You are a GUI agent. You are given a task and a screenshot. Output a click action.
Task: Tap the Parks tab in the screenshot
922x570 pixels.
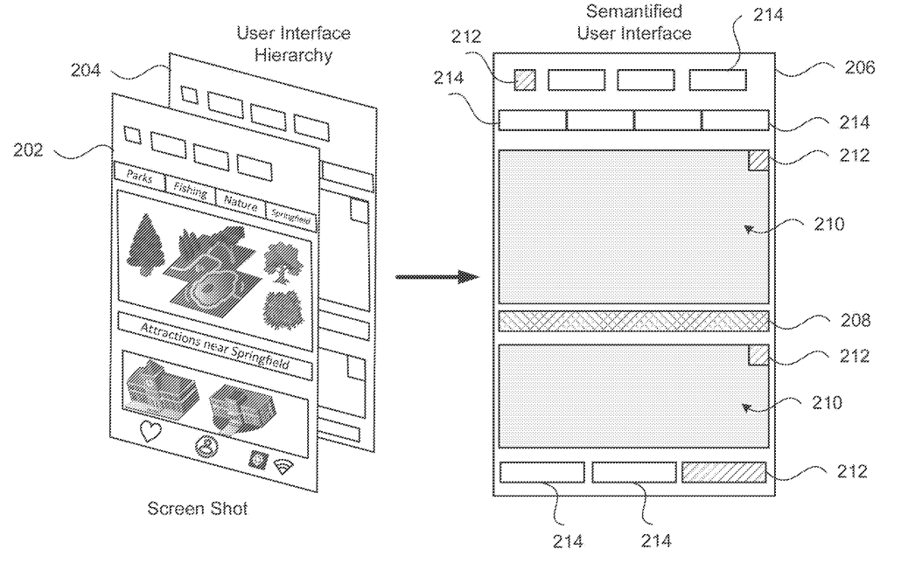click(x=140, y=177)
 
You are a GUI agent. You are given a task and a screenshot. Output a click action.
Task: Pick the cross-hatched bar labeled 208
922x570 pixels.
click(x=632, y=321)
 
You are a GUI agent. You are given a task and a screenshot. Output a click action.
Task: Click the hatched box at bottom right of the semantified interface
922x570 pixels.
click(x=723, y=472)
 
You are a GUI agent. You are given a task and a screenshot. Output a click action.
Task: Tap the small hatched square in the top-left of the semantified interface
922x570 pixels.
click(x=524, y=79)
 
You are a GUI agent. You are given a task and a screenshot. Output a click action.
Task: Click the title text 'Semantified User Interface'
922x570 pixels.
click(x=633, y=23)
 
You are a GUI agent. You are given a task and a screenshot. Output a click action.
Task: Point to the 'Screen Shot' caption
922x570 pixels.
click(x=198, y=508)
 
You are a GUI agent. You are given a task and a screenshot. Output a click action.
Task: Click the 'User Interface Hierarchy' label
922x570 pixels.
click(x=293, y=43)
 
